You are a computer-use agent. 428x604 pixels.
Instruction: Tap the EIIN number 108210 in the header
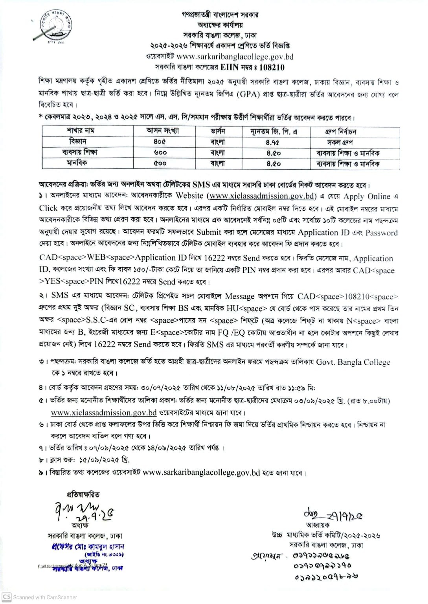[269, 67]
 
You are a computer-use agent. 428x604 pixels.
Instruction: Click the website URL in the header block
[235, 57]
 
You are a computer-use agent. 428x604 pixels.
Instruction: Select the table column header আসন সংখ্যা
[162, 131]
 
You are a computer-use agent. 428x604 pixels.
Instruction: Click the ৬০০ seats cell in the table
[160, 152]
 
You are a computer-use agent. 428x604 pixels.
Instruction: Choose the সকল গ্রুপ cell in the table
[340, 142]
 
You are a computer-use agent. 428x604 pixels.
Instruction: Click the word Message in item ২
[240, 296]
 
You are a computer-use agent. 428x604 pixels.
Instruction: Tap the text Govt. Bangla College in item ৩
[353, 362]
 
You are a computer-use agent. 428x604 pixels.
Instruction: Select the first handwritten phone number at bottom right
[321, 556]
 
